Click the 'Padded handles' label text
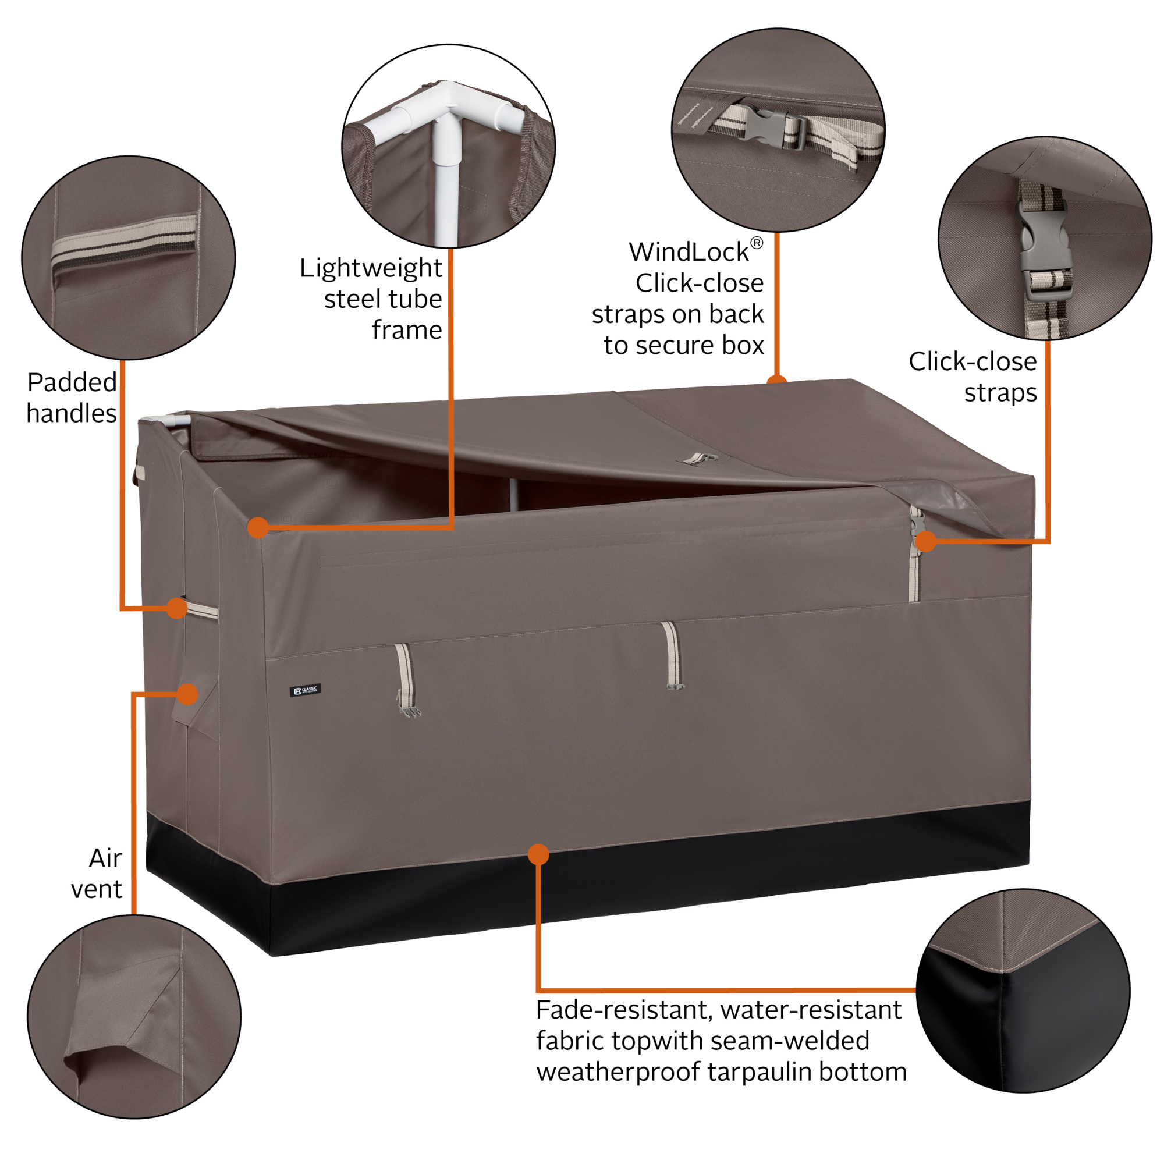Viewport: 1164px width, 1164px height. pyautogui.click(x=72, y=398)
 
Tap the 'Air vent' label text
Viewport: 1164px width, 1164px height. pyautogui.click(x=97, y=873)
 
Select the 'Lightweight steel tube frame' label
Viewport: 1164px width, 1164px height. pyautogui.click(x=371, y=299)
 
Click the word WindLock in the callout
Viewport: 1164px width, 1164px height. pyautogui.click(x=689, y=252)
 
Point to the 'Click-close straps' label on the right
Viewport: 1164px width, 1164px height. pyautogui.click(x=973, y=377)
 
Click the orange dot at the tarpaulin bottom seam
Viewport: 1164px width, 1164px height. pyautogui.click(x=538, y=854)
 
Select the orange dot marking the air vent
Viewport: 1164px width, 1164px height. pyautogui.click(x=188, y=694)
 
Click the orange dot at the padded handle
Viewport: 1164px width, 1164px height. pyautogui.click(x=176, y=608)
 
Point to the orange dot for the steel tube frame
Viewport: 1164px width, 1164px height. pyautogui.click(x=258, y=528)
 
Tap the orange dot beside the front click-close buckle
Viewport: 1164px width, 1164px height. pyautogui.click(x=925, y=541)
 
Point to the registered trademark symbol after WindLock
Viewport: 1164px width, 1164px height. pyautogui.click(x=757, y=243)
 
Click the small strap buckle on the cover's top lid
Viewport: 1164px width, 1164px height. pyautogui.click(x=701, y=459)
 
